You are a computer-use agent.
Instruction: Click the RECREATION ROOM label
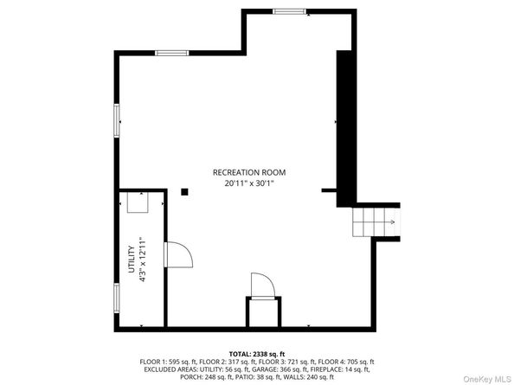point(249,172)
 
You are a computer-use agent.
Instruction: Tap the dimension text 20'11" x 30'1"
point(249,183)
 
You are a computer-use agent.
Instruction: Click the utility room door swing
point(177,256)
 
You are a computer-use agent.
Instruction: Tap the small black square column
point(184,193)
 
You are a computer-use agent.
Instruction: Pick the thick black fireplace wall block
point(346,125)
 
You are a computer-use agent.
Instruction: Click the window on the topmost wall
point(291,11)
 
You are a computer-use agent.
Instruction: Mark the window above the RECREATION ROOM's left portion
point(172,54)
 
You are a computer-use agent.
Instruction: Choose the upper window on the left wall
point(117,119)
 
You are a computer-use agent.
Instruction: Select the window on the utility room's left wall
point(117,298)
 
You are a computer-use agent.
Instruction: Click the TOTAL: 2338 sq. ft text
point(257,353)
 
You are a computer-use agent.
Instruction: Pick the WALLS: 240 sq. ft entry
point(313,376)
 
